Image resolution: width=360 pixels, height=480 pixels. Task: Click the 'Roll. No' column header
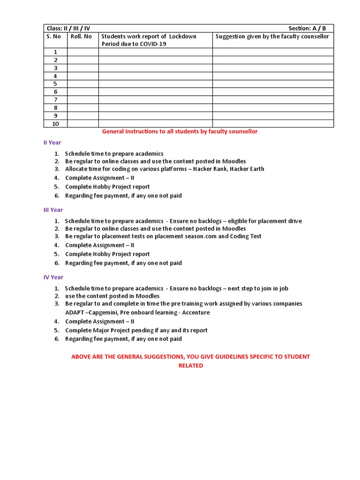click(x=81, y=37)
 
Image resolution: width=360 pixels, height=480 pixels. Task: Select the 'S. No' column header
click(x=54, y=37)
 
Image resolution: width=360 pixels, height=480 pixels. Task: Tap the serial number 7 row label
click(x=55, y=100)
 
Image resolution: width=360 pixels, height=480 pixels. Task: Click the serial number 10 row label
click(x=55, y=124)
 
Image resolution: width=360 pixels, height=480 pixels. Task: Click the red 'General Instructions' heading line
click(x=180, y=132)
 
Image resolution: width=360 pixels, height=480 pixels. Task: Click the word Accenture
click(x=195, y=313)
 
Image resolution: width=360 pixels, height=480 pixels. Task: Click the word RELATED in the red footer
click(x=190, y=366)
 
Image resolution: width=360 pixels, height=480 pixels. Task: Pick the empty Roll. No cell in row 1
click(x=82, y=52)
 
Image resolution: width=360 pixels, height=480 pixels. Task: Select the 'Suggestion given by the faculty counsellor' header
click(x=272, y=37)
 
